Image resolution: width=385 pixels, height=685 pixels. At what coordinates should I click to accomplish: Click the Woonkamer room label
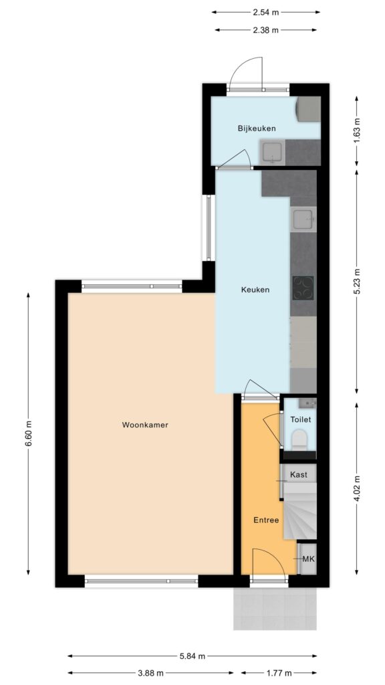(145, 425)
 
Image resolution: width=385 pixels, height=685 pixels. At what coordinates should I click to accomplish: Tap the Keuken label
(255, 290)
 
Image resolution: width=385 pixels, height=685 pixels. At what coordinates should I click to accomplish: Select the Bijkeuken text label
(257, 128)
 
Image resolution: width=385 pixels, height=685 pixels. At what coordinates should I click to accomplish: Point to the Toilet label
(301, 419)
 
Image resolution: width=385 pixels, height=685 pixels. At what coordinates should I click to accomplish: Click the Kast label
(299, 475)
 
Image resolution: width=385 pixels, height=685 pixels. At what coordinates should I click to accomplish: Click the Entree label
(265, 520)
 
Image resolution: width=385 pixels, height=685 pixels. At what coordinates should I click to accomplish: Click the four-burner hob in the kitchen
(303, 288)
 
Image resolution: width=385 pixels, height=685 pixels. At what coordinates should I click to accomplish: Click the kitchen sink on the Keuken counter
(303, 218)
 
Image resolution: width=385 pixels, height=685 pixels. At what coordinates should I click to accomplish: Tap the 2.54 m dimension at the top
(266, 12)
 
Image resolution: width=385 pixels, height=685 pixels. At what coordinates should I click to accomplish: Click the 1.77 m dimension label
(279, 673)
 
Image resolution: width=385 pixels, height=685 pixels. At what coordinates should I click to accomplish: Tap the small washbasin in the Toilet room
(307, 403)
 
